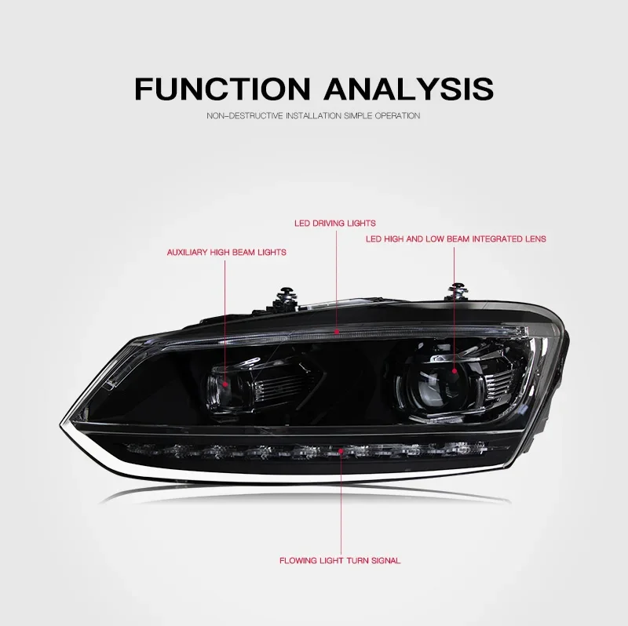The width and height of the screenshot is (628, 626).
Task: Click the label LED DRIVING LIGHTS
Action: point(335,224)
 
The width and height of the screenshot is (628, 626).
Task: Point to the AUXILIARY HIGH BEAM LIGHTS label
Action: point(226,253)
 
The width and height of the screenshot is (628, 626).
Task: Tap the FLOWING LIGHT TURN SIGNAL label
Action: point(340,561)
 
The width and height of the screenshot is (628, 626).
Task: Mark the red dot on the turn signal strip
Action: point(340,453)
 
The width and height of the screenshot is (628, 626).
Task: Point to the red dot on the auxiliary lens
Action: point(226,384)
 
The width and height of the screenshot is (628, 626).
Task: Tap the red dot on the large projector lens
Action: point(453,368)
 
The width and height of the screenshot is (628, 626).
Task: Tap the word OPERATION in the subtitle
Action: point(397,116)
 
